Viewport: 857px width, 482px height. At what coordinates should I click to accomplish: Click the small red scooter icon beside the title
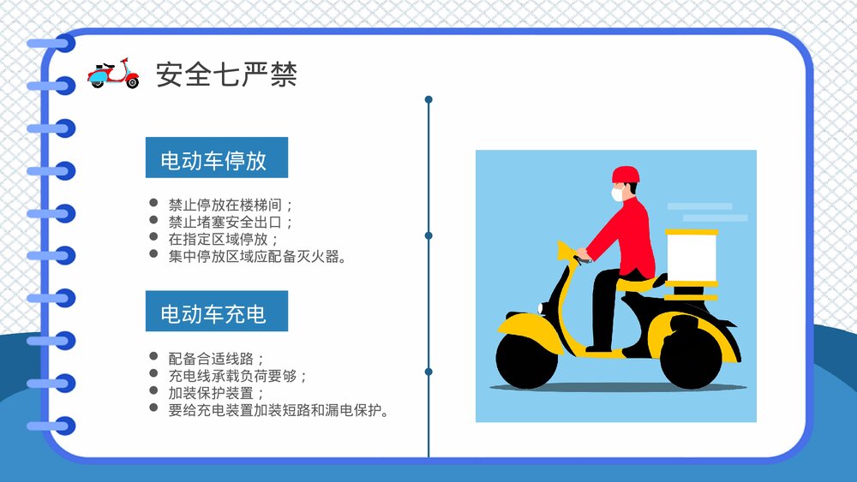[x=113, y=74]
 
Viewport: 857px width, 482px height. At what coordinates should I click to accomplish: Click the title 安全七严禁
[x=226, y=74]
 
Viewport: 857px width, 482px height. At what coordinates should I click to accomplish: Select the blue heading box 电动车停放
[x=216, y=158]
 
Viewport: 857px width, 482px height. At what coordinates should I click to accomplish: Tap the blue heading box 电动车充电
[x=216, y=312]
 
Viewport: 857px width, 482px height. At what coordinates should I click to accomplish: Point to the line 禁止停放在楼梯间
[x=231, y=205]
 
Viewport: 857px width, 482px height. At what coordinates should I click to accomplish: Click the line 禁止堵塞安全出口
[x=231, y=223]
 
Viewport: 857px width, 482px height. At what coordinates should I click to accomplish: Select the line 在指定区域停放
[x=224, y=239]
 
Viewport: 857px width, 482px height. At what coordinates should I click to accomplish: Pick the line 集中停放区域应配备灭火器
[x=257, y=256]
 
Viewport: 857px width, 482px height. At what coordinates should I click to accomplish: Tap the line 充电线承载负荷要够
[x=238, y=375]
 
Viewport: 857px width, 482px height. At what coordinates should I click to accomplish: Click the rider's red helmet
[x=626, y=175]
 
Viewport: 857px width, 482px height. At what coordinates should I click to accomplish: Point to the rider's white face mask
[x=617, y=195]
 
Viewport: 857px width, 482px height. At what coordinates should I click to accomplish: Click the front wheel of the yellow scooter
[x=526, y=360]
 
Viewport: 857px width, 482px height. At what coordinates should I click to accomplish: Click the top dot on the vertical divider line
[x=428, y=99]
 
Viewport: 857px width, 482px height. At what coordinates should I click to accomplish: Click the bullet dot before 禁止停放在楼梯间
[x=153, y=204]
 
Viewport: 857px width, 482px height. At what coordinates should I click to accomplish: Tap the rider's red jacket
[x=630, y=235]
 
